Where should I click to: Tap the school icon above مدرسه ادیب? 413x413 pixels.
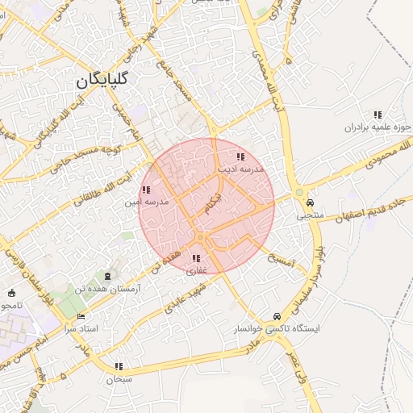240,156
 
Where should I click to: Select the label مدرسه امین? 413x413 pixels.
146,202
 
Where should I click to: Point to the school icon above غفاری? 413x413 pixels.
196,258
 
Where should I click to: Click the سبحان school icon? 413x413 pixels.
119,366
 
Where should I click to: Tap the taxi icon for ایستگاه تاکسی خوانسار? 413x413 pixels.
277,316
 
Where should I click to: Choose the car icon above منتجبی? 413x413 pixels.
311,203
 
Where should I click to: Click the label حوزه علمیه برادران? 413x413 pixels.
378,127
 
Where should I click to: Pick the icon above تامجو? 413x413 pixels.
11,293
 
